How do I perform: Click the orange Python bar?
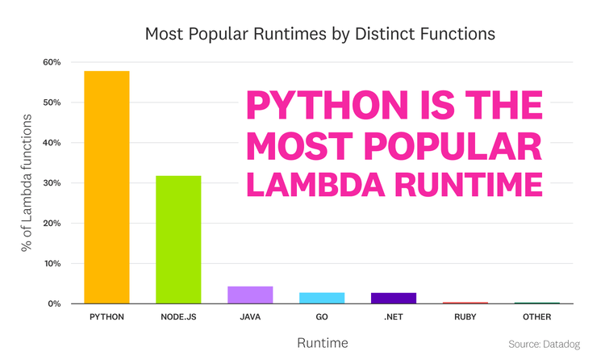pos(106,187)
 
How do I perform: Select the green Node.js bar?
pos(178,240)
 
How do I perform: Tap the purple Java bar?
pos(250,295)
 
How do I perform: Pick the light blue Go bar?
pos(322,298)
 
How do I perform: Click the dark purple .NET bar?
pos(394,298)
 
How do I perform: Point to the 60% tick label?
pos(52,62)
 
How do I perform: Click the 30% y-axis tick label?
pos(52,183)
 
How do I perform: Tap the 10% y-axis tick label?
pos(52,263)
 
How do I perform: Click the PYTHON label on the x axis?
pos(106,317)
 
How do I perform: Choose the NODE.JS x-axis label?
pos(178,317)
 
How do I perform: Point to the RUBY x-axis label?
pos(465,317)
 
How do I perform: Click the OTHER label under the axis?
pos(537,317)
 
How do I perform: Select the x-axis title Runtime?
pos(322,343)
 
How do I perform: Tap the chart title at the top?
pos(319,35)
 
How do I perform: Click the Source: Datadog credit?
pos(544,345)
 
